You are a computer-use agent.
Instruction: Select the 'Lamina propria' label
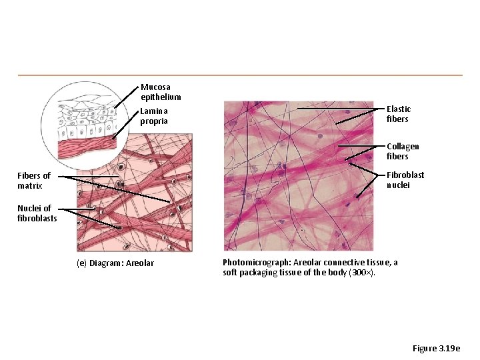click(x=154, y=116)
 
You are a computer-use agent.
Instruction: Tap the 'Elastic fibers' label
click(x=399, y=114)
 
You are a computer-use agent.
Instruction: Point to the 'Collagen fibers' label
click(x=403, y=151)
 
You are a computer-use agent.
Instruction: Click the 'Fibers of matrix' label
click(x=34, y=181)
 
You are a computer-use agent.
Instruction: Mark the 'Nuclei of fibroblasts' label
click(x=37, y=213)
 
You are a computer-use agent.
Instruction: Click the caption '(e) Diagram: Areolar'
click(x=115, y=263)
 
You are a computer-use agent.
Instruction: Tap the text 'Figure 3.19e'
click(x=436, y=349)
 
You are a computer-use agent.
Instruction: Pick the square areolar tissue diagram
click(x=133, y=193)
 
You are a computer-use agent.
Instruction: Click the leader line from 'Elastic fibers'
click(x=340, y=108)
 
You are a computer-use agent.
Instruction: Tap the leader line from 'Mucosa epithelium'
click(x=127, y=97)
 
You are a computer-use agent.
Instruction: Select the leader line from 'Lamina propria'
click(x=127, y=123)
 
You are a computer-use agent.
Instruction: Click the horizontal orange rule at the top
click(x=240, y=75)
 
